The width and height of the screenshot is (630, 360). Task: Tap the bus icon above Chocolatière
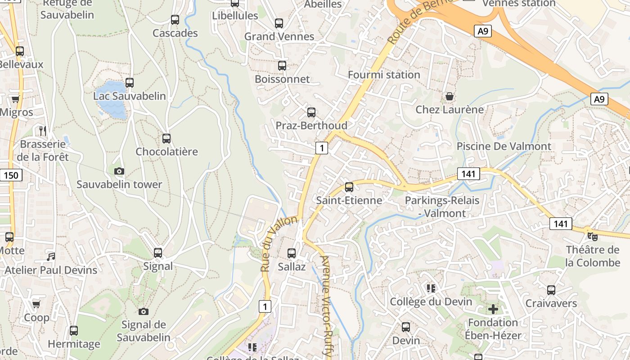(166, 139)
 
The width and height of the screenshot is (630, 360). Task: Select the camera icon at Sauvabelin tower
(119, 171)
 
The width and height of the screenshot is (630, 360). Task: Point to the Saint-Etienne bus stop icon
(349, 187)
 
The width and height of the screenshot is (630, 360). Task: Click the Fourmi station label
(384, 75)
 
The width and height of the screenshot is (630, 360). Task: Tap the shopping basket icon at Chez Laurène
(449, 96)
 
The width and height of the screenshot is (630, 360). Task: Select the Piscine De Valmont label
(504, 146)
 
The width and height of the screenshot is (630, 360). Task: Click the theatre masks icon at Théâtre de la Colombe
(593, 236)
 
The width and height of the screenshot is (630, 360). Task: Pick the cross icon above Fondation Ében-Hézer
(493, 309)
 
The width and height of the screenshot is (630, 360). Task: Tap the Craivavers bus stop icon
(551, 290)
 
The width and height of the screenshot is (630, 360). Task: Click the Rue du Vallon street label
(279, 243)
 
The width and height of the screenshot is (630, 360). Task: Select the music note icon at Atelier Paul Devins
(51, 256)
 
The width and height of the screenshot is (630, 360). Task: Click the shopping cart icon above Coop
(36, 305)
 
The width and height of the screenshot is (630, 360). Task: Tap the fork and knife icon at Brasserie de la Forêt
(43, 131)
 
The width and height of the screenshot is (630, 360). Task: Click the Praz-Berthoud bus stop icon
(311, 112)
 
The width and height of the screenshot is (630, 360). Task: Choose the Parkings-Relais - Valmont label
(442, 207)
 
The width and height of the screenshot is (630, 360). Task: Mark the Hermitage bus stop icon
(74, 331)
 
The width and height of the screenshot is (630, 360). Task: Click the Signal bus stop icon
(158, 253)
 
